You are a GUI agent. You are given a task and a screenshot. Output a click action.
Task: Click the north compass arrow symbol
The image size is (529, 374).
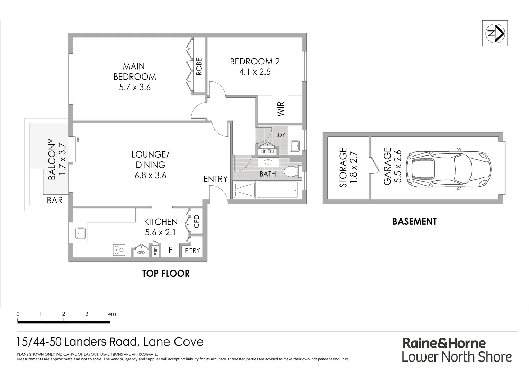495,33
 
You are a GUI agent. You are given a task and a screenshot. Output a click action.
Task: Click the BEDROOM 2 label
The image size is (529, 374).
255,66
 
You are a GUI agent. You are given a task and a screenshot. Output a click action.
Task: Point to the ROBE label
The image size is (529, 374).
199,66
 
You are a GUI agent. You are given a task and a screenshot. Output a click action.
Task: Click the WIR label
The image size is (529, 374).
280,109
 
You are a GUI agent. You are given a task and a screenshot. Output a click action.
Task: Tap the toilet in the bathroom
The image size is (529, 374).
290,171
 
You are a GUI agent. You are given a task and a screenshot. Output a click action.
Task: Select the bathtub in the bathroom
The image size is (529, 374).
278,190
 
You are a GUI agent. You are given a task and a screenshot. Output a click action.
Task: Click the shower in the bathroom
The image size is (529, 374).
244,190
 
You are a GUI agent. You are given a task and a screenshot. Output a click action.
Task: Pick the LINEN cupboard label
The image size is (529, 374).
267,151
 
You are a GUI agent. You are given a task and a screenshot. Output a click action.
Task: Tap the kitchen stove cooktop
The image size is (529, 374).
119,250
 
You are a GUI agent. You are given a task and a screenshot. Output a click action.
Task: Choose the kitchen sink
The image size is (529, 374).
81,233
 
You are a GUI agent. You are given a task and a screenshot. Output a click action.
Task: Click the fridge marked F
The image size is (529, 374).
170,250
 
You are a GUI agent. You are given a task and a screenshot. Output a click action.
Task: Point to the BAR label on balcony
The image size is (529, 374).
55,200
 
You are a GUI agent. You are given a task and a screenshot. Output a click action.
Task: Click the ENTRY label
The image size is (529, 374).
215,179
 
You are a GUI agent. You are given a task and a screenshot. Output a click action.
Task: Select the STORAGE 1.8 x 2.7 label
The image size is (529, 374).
348,168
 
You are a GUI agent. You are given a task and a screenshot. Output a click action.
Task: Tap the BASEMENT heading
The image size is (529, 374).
414,222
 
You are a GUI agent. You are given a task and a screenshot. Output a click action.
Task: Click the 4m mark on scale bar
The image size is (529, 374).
111,314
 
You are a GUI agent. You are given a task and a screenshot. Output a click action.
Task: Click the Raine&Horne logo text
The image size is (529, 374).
444,343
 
